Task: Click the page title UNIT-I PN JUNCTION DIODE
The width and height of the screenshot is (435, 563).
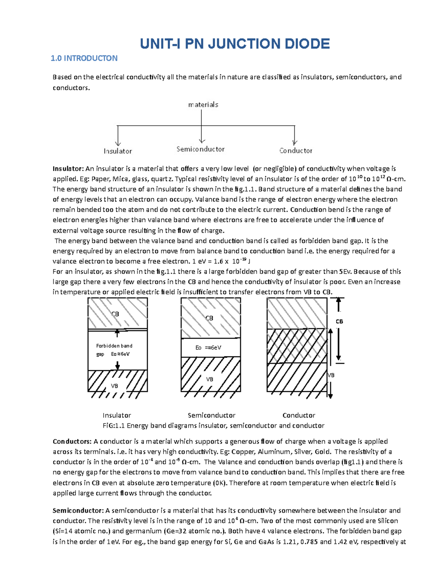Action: (x=235, y=44)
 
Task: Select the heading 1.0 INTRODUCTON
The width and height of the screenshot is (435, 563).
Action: (x=84, y=58)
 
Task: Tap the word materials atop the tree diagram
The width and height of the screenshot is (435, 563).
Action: (x=203, y=104)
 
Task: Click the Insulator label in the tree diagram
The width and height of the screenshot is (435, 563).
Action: (x=118, y=151)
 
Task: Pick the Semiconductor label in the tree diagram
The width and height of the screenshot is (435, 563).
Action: (x=200, y=149)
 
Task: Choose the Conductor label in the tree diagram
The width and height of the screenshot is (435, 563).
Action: (x=296, y=150)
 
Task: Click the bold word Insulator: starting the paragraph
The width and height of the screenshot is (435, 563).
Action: (x=68, y=169)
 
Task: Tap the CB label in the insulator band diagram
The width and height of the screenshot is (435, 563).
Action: (x=115, y=314)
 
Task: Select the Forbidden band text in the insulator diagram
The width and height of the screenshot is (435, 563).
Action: (x=114, y=346)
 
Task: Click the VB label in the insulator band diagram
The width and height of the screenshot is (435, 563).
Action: (x=115, y=386)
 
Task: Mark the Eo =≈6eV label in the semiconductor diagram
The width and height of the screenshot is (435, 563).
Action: (x=208, y=348)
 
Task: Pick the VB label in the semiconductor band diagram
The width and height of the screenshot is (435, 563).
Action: (x=210, y=379)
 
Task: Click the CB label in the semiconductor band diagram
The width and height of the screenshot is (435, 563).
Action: (x=210, y=318)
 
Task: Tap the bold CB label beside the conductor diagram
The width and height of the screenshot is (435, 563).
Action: (x=339, y=322)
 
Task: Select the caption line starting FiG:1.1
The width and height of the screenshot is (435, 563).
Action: (x=214, y=426)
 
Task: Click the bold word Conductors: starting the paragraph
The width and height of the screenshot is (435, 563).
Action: (x=72, y=442)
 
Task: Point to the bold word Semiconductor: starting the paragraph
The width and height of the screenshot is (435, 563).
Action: (x=78, y=510)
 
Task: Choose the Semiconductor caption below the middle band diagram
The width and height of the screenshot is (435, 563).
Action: (x=211, y=415)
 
